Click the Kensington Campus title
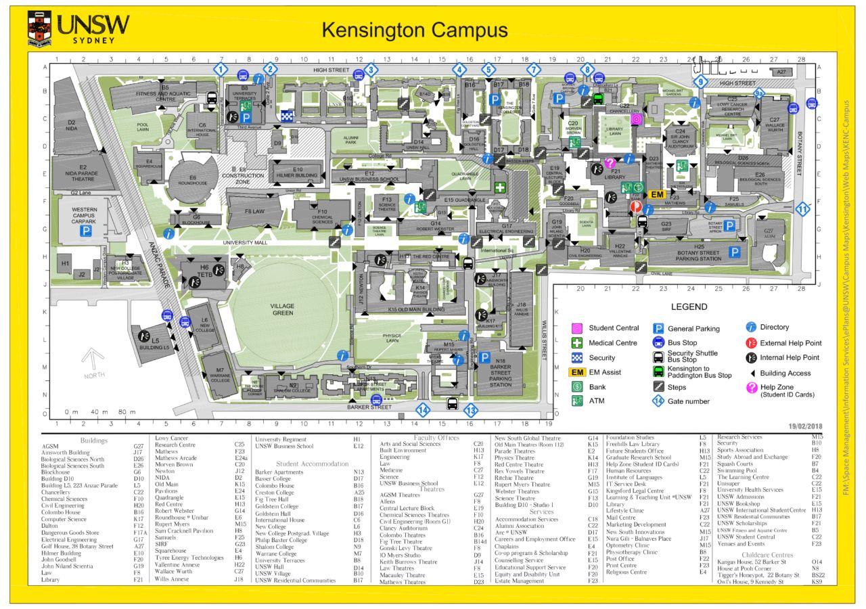click(x=414, y=30)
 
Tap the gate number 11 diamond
click(x=802, y=209)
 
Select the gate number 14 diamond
click(x=423, y=409)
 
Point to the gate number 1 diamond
click(x=221, y=69)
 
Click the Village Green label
click(x=283, y=309)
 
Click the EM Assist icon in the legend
click(x=577, y=372)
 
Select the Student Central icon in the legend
click(x=577, y=328)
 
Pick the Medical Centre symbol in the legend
click(x=577, y=343)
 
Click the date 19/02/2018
click(x=805, y=426)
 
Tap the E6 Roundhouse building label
click(x=193, y=180)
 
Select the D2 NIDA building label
click(x=71, y=125)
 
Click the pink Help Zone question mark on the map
click(x=610, y=162)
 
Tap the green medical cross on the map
click(x=500, y=187)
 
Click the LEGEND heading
click(x=689, y=307)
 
